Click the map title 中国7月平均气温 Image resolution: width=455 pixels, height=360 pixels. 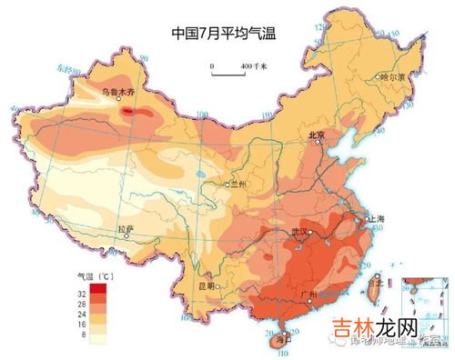224,35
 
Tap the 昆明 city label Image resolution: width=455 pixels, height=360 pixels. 207,285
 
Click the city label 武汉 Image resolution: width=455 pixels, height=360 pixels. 300,233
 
